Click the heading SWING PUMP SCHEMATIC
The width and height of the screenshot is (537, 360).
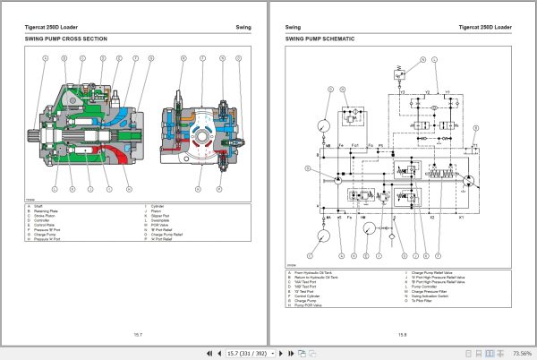pos(320,39)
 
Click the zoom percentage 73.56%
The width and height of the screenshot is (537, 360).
pos(518,353)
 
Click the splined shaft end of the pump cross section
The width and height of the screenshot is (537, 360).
pos(38,136)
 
